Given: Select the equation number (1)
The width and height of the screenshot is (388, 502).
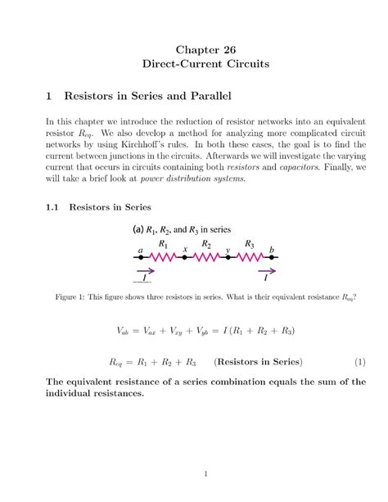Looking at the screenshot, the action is tap(359, 361).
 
